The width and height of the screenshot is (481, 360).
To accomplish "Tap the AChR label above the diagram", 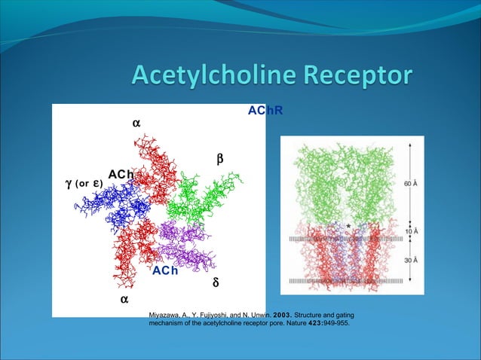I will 265,111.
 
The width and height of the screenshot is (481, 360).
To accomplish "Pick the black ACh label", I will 121,175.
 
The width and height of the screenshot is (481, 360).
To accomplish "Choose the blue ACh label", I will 165,271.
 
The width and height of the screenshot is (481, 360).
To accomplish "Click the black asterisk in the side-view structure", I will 348,225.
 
